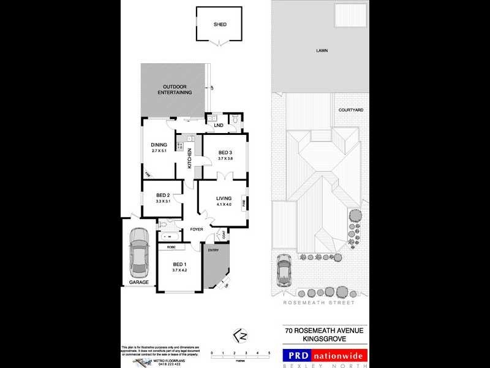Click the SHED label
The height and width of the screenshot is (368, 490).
tap(220, 25)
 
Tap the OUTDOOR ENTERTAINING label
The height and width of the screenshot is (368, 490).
tap(175, 89)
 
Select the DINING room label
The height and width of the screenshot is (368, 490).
tap(159, 145)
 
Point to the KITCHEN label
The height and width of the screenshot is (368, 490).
tap(190, 158)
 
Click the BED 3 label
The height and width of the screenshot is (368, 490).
tap(225, 153)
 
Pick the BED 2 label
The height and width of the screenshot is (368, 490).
tap(162, 196)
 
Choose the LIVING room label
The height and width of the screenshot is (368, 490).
tap(224, 198)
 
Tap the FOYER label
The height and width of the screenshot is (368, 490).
tap(196, 229)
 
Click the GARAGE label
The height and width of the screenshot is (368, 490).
tap(139, 283)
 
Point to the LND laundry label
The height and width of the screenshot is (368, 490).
tap(218, 126)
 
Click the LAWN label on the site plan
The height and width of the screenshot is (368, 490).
tap(322, 51)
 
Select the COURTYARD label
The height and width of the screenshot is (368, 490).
tap(351, 110)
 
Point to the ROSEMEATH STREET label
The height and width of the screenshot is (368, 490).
tap(318, 303)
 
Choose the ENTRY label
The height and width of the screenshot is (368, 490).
tap(213, 250)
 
